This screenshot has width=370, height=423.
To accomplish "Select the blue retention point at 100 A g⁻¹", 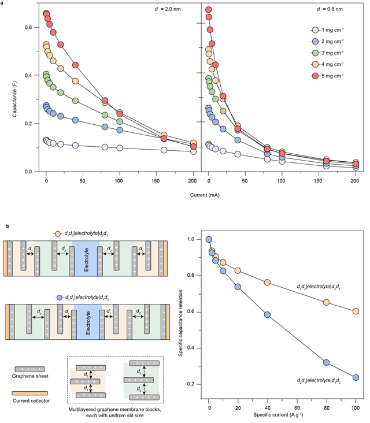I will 355,377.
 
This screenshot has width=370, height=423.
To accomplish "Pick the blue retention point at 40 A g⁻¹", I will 267,315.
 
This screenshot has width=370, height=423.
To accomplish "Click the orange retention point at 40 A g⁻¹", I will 267,283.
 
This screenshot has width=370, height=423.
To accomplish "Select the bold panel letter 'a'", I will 8,4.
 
